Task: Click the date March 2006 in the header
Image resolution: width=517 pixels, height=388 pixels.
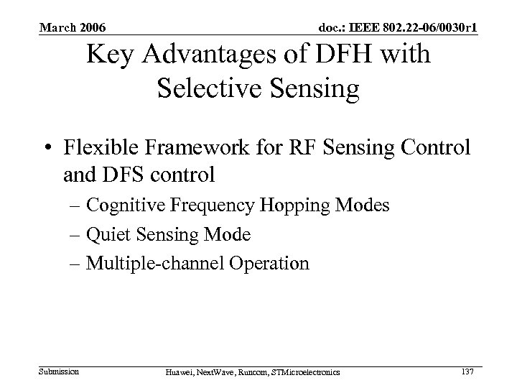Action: (73, 28)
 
